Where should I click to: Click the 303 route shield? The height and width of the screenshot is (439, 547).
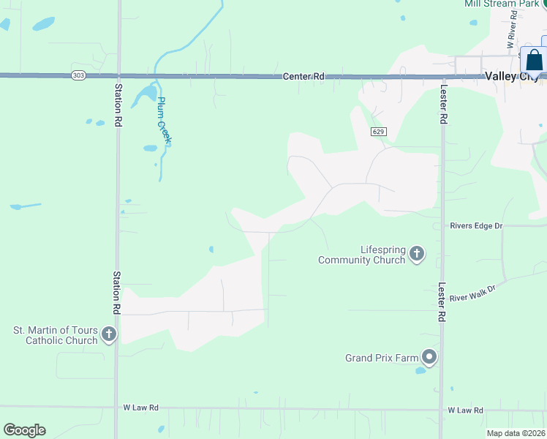78,75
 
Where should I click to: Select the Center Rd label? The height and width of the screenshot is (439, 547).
303,76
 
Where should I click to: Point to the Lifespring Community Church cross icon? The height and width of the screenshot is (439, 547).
417,255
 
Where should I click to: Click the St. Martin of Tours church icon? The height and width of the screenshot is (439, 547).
109,335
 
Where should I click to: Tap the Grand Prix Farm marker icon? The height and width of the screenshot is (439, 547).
429,358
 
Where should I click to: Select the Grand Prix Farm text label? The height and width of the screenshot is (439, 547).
381,358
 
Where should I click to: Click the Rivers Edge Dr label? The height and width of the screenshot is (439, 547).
476,226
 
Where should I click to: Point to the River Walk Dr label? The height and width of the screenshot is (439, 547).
472,293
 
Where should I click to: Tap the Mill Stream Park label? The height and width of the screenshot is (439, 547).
501,4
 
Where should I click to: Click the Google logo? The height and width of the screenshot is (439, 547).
24,430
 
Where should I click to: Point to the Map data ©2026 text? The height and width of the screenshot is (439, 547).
515,433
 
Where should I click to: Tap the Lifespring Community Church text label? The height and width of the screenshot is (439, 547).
361,255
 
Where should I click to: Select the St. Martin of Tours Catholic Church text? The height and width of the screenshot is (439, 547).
55,335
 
